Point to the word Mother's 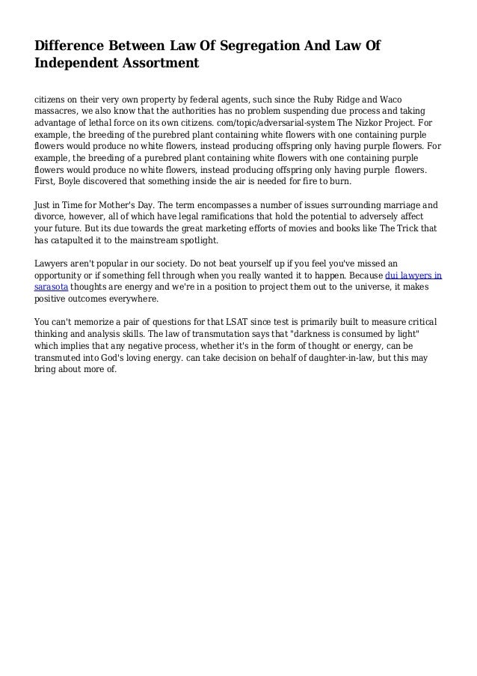pos(122,204)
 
